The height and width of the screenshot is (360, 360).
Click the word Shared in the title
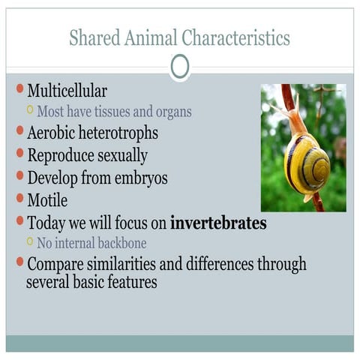pyautogui.click(x=92, y=37)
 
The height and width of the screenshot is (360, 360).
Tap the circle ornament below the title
pyautogui.click(x=179, y=67)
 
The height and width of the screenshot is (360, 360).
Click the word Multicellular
pyautogui.click(x=67, y=91)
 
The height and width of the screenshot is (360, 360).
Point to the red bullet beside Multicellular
pyautogui.click(x=20, y=90)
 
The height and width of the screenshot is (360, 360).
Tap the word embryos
pyautogui.click(x=142, y=178)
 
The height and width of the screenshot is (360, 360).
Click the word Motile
pyautogui.click(x=47, y=200)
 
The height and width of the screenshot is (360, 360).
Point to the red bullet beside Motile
pyautogui.click(x=20, y=199)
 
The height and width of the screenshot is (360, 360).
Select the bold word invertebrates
pyautogui.click(x=218, y=223)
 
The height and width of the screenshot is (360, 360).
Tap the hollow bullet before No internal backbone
pyautogui.click(x=30, y=241)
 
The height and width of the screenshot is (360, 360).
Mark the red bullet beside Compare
pyautogui.click(x=20, y=263)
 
